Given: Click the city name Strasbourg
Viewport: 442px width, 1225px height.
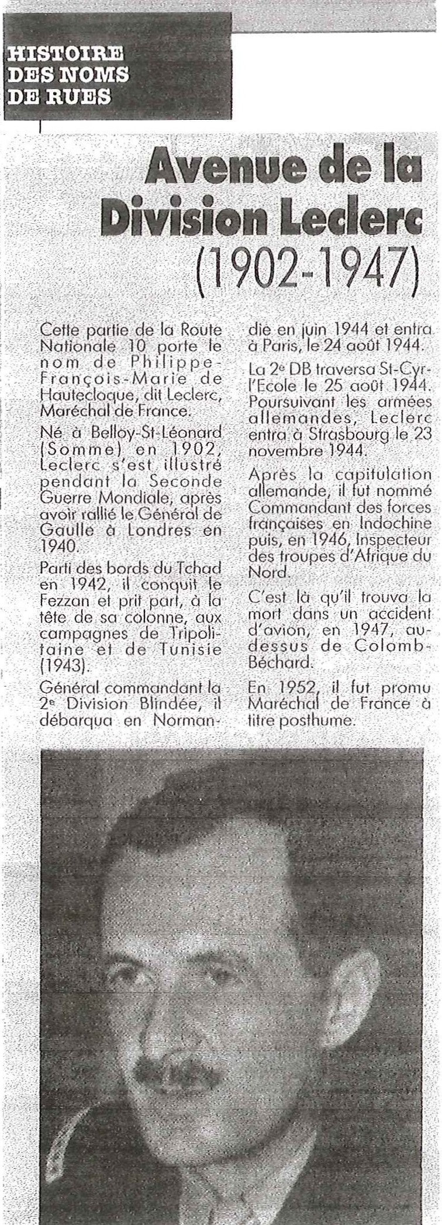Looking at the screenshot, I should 334,435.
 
